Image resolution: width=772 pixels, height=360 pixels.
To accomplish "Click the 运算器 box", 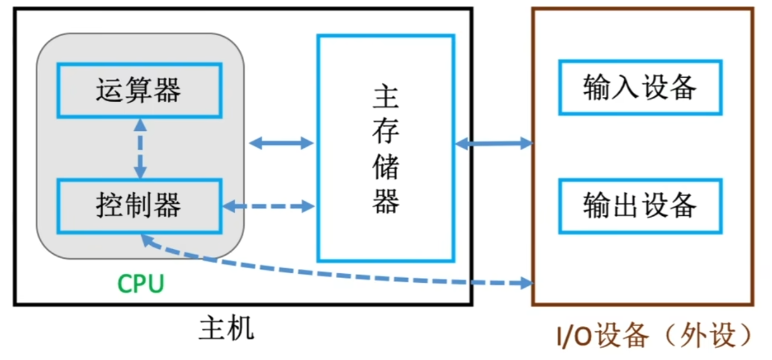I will (139, 90).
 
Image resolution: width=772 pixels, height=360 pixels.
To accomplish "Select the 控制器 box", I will (139, 206).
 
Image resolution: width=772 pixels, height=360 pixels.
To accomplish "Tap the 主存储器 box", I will (386, 148).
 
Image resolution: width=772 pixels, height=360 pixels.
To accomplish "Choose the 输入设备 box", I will (639, 87).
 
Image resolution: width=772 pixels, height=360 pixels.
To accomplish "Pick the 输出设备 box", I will (639, 206).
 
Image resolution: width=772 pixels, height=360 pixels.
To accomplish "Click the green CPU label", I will (140, 283).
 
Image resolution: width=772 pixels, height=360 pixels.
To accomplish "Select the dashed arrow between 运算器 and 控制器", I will (140, 148).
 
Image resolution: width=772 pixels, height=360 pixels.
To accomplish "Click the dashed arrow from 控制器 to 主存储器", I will (268, 206).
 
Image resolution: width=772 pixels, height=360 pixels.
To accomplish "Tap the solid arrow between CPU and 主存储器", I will (281, 143).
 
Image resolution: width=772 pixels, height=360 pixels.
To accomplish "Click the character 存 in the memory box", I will (386, 131).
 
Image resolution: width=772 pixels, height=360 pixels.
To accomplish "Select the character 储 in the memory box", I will (386, 166).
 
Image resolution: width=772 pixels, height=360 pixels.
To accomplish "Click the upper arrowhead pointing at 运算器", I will (140, 124).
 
